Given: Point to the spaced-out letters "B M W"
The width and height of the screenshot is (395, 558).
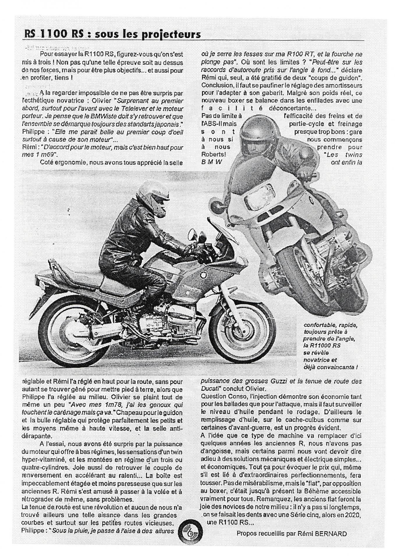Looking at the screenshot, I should point(211,162).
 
